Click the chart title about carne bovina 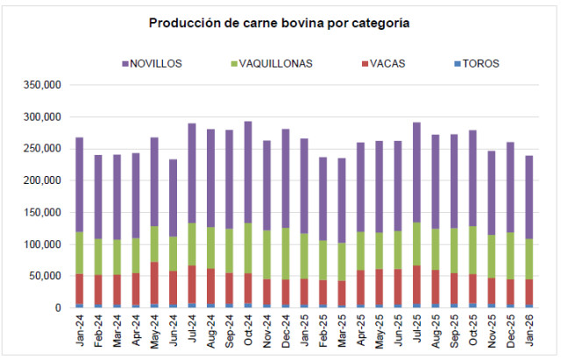coord(280,23)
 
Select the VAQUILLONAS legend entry coord(269,63)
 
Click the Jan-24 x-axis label coord(80,330)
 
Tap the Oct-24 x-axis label coord(248,330)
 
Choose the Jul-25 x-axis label coord(416,330)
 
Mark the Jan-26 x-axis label coord(529,330)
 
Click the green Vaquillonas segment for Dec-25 coord(510,256)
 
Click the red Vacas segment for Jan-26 coord(529,292)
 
